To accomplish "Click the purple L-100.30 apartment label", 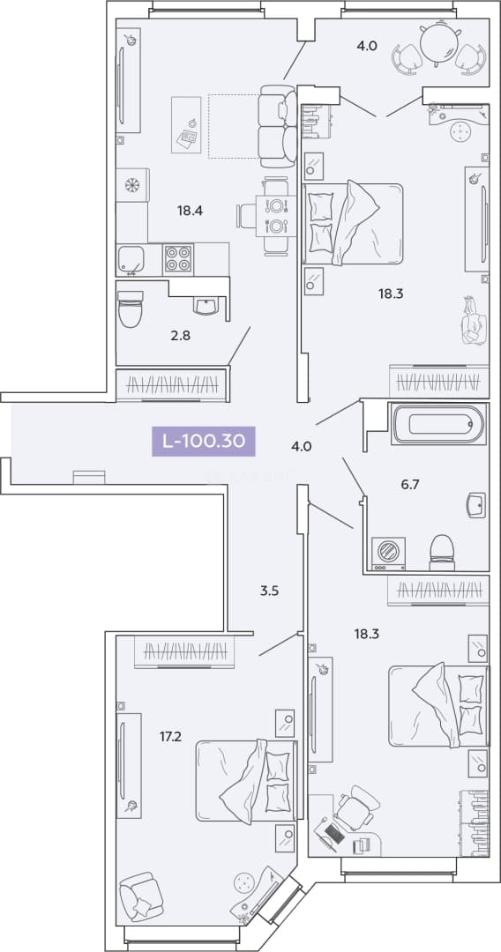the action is [x=204, y=442].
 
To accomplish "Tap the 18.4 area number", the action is [x=190, y=212].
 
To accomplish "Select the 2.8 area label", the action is [x=181, y=335].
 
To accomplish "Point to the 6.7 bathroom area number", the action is [x=410, y=484].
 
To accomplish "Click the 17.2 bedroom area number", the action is [x=170, y=736].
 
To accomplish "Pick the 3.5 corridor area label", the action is [x=269, y=590].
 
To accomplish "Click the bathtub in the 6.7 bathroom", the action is [x=439, y=424].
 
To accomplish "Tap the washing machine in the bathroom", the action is [x=387, y=553].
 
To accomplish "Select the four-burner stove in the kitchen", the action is [x=178, y=259].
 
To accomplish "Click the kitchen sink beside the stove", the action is [x=131, y=260].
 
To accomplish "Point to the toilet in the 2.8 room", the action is [x=130, y=309].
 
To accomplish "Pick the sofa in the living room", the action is [x=278, y=126].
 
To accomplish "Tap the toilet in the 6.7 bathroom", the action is [x=442, y=553].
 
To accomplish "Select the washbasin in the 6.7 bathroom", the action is [x=476, y=505].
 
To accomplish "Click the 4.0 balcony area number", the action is [x=367, y=44].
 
